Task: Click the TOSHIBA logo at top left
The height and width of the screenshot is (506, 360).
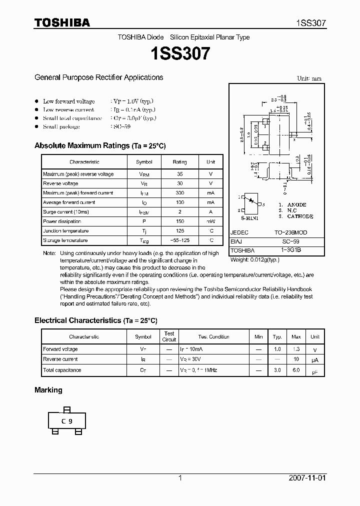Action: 62,22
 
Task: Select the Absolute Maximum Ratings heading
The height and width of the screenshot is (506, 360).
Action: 99,145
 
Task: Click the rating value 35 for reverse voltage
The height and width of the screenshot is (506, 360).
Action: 179,174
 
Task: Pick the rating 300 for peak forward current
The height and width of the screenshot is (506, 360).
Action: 179,193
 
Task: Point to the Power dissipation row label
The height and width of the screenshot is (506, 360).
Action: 62,221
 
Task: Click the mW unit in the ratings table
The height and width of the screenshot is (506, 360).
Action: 210,221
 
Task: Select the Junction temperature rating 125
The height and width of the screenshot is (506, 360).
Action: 179,231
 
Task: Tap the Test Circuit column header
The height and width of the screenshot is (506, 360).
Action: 169,336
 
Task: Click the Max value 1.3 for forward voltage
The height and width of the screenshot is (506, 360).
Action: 296,349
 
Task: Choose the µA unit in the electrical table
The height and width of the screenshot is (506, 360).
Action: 315,360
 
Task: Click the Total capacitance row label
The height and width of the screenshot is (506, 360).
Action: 62,370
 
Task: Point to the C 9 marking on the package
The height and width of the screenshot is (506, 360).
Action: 66,421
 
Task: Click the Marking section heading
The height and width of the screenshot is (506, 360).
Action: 48,390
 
